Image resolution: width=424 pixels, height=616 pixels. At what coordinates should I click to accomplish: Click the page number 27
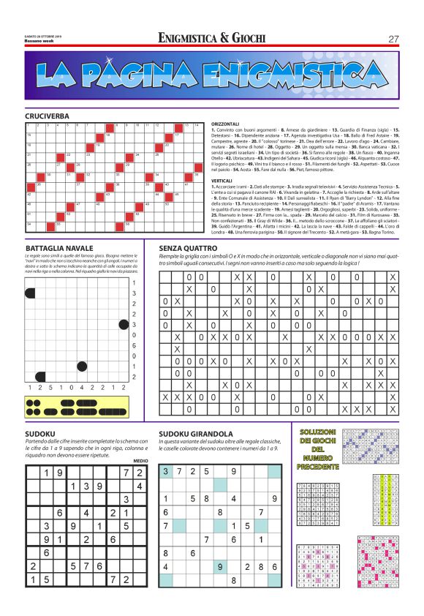click(393, 38)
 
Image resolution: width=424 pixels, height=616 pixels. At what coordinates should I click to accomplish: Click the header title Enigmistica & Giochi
click(211, 38)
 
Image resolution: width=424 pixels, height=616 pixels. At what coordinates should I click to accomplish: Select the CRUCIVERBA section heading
click(47, 116)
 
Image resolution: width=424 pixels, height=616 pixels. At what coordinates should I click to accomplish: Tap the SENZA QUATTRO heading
click(192, 248)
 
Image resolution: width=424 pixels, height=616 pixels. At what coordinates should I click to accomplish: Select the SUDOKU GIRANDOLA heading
click(196, 433)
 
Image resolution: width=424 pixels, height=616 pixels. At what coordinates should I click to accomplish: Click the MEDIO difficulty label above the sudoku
click(141, 460)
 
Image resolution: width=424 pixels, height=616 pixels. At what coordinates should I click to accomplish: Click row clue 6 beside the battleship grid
click(133, 345)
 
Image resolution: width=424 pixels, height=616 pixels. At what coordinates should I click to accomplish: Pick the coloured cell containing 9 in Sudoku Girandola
click(220, 566)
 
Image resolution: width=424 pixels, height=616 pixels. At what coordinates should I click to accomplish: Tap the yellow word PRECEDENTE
click(318, 466)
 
